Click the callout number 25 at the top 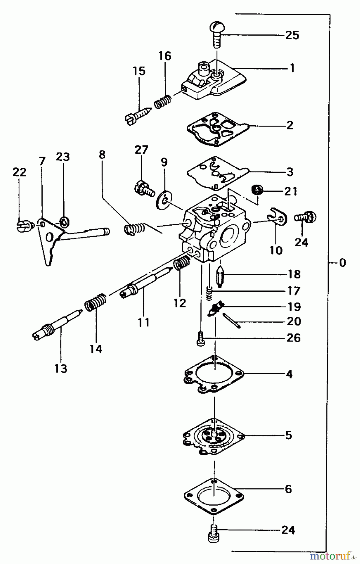click(292, 35)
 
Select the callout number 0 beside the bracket click(342, 263)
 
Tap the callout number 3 click(290, 172)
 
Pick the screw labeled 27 click(144, 189)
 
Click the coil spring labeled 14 click(96, 302)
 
